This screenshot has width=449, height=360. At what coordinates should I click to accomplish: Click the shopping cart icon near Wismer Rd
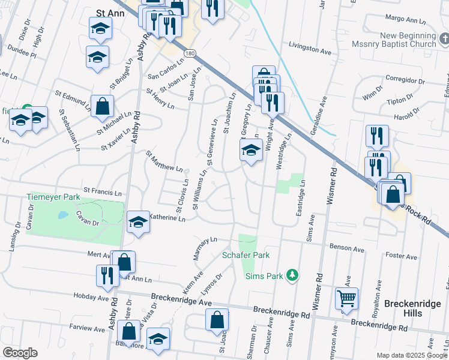347,298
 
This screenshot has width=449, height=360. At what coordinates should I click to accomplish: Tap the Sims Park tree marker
292,275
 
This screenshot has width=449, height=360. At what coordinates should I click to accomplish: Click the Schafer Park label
246,255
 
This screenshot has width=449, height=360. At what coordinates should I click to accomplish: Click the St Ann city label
110,11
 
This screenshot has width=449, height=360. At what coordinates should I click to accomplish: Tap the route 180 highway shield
190,54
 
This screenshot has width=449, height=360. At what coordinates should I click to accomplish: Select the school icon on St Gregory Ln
251,151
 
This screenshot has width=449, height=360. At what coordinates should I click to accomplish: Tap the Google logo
20,353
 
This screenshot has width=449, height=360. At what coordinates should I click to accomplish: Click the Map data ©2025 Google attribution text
411,355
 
